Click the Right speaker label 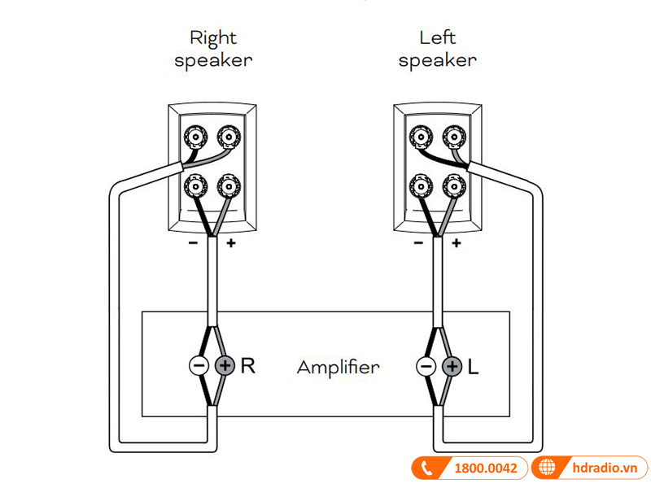coord(212,49)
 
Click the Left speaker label coord(437,49)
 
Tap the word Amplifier coord(338,367)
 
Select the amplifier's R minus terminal coord(199,366)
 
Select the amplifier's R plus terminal coord(225,366)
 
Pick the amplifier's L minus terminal coord(426,366)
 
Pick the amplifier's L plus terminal coord(451,366)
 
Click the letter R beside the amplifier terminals coord(248,366)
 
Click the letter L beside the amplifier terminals coord(474,366)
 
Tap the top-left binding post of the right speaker coord(197,135)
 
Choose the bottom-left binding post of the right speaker coord(197,188)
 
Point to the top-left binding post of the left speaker coord(422,135)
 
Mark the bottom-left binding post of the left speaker coord(422,188)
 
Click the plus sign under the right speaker coord(230,243)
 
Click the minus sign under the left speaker coord(419,243)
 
